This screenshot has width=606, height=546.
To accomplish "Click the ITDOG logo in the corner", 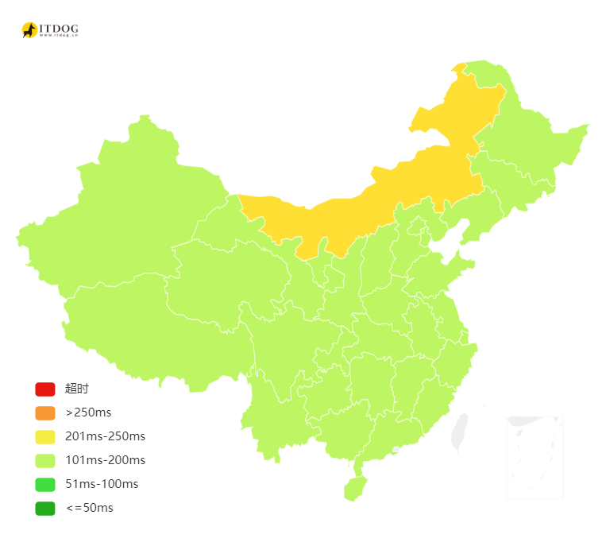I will [x=49, y=30].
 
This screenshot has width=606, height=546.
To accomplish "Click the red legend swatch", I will [x=44, y=389].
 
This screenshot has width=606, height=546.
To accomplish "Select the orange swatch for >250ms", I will [x=44, y=413].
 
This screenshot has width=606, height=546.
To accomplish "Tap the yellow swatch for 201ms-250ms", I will [x=44, y=437].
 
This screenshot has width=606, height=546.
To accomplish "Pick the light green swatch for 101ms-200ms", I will [x=44, y=460].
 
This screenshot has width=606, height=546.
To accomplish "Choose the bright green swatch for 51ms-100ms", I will [x=44, y=484].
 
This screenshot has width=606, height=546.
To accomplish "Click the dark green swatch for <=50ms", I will [x=44, y=508].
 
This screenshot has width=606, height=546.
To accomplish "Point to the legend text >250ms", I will [x=88, y=412].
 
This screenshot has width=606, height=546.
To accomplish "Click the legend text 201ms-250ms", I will [x=105, y=436].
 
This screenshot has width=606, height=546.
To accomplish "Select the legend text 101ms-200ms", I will [x=105, y=460].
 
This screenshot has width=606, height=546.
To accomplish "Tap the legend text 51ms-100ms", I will [x=102, y=484].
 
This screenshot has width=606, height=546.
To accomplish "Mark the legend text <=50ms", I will [x=89, y=508].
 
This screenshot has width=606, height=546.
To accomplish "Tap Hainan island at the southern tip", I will [x=354, y=487].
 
